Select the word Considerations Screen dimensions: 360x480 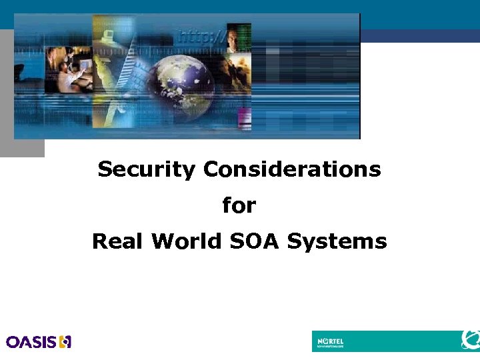292,169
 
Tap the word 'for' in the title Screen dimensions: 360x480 239,205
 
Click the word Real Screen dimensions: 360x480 118,241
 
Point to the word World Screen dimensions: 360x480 187,241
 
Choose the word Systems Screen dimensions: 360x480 337,241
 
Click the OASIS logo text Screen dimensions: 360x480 31,342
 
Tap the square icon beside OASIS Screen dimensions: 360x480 65,342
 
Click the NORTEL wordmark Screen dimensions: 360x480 330,340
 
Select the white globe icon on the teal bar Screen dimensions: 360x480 470,340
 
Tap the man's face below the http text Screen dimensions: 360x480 233,39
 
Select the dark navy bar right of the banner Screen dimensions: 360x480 420,36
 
